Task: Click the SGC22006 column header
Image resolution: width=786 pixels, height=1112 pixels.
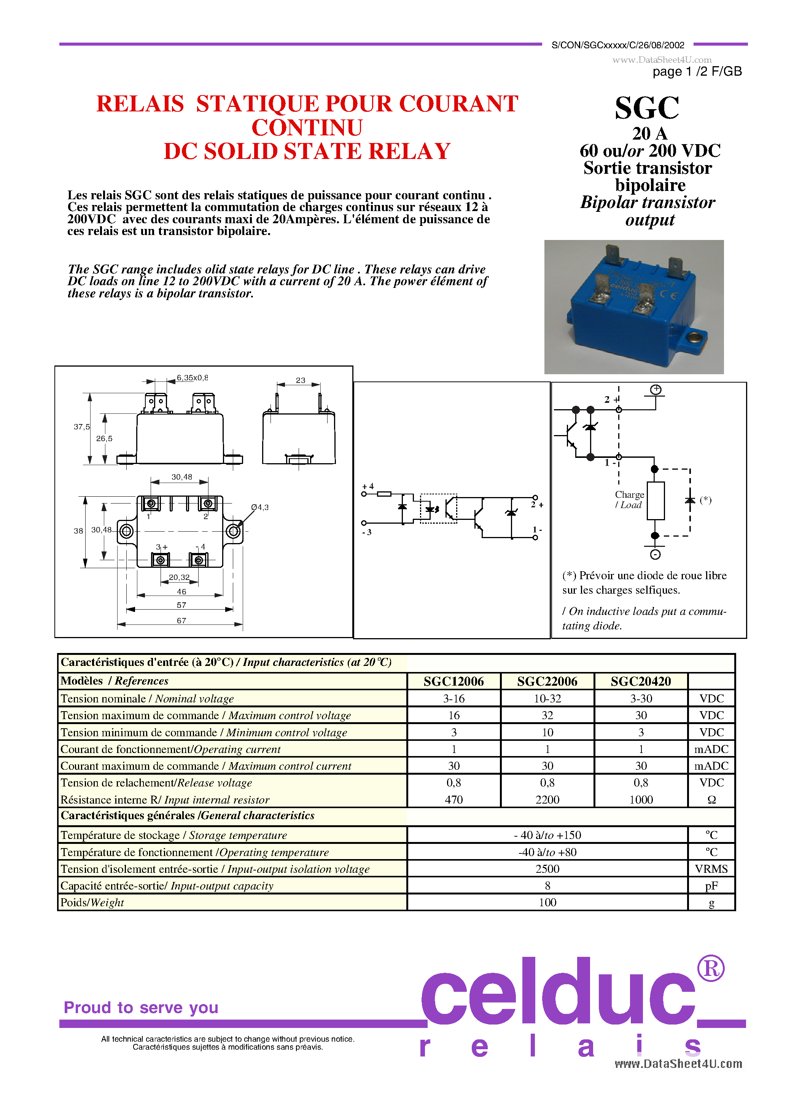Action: pos(547,681)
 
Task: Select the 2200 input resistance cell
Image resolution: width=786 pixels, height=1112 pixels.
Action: pos(547,800)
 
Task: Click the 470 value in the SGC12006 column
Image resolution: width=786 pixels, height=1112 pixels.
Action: pos(453,800)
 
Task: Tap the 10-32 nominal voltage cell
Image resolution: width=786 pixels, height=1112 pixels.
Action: pos(547,698)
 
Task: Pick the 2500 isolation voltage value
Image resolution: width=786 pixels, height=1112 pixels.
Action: pos(547,869)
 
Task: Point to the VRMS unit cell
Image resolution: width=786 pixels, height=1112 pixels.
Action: pos(711,869)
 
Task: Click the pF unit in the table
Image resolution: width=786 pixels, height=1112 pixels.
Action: pos(711,886)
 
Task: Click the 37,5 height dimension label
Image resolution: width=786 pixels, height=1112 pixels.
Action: pos(81,427)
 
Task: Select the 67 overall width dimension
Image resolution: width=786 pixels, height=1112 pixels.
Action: pos(181,620)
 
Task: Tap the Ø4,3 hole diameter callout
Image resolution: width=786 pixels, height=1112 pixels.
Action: pos(260,507)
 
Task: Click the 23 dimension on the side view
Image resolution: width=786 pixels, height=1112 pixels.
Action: pos(301,380)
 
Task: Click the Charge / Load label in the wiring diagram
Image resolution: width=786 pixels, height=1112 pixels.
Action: pos(629,499)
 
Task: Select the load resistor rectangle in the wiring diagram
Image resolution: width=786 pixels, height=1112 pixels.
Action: pos(655,501)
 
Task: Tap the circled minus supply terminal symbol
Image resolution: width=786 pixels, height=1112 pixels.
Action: pos(655,554)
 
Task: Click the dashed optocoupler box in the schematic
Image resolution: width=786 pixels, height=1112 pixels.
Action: pos(438,508)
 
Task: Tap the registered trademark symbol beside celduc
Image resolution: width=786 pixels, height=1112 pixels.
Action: pos(710,969)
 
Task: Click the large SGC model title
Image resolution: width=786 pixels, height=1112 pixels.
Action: pos(647,108)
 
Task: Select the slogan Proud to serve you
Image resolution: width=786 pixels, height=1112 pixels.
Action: pos(141,1007)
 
